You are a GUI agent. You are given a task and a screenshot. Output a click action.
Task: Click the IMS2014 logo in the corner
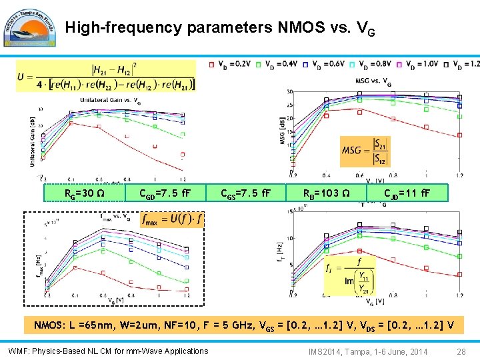pyautogui.click(x=29, y=27)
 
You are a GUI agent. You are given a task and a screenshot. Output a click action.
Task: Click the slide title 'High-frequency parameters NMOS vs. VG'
pyautogui.click(x=223, y=28)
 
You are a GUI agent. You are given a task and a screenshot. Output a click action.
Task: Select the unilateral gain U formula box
pyautogui.click(x=107, y=75)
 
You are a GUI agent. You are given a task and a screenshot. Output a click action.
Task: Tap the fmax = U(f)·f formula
pyautogui.click(x=171, y=219)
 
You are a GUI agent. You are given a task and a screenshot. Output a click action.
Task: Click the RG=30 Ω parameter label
pyautogui.click(x=83, y=193)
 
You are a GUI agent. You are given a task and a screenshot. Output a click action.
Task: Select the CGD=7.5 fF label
pyautogui.click(x=164, y=193)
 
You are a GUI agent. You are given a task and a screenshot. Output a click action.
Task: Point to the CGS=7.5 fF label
pyautogui.click(x=245, y=193)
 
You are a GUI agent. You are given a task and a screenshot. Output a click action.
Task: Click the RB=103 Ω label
pyautogui.click(x=327, y=193)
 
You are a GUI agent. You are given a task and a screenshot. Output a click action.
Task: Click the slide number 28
pyautogui.click(x=461, y=351)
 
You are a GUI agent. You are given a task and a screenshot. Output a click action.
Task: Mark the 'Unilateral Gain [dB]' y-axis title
pyautogui.click(x=33, y=141)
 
